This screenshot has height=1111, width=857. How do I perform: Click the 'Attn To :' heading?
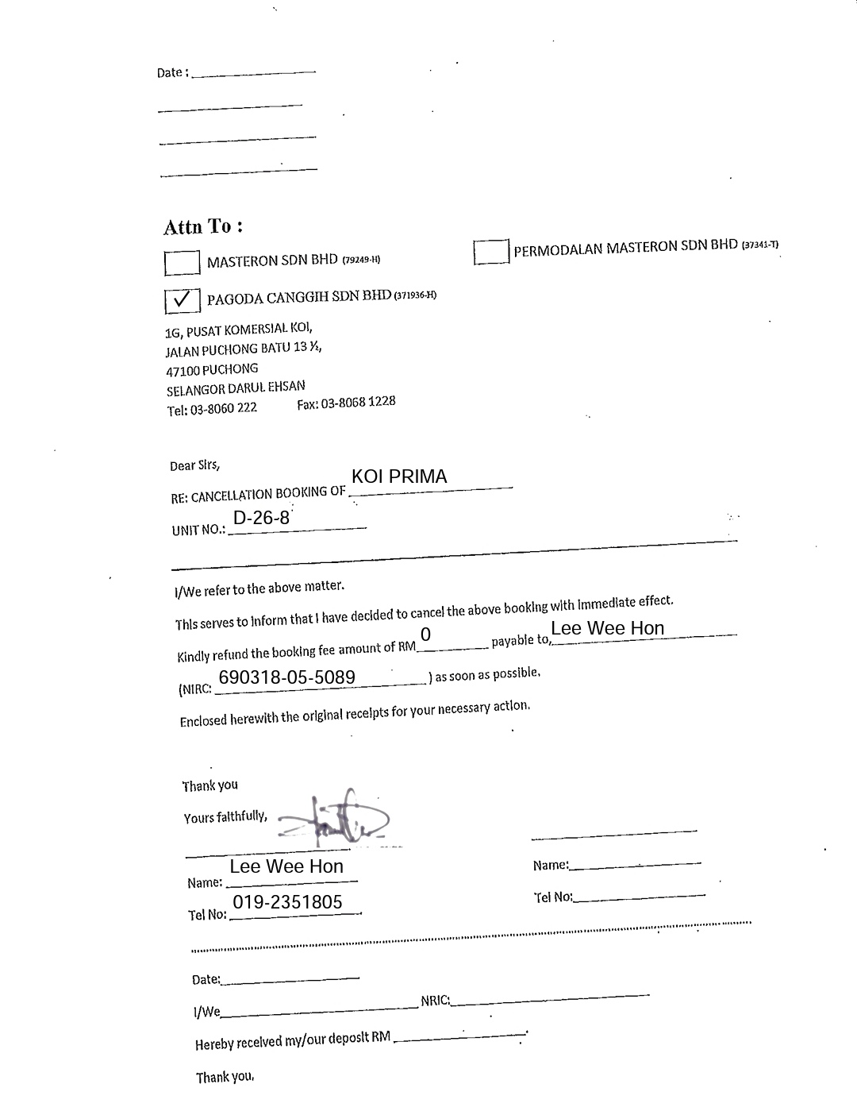202,227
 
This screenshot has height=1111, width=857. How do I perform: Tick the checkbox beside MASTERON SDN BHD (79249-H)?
182,263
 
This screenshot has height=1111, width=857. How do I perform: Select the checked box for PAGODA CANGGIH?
182,300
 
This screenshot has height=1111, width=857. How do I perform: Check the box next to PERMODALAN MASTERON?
491,252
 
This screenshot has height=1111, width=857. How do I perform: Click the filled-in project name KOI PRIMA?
399,476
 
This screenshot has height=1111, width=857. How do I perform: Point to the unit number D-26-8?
261,519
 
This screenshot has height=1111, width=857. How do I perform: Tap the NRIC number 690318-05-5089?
286,677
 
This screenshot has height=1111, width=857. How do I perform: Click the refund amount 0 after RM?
426,635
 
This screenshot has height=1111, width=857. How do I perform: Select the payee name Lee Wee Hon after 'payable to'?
607,628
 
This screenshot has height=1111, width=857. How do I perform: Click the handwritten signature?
333,818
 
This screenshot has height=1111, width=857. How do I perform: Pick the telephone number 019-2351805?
287,902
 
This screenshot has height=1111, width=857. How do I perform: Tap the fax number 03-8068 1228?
346,403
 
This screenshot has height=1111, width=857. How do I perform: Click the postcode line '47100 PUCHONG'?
212,369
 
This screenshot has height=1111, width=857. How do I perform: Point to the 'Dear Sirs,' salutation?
194,465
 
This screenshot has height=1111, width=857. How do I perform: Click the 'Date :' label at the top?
172,72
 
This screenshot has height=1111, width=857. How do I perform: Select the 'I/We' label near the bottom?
206,1012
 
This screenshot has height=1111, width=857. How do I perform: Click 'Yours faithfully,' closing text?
225,817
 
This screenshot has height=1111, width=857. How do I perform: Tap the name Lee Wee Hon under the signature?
286,866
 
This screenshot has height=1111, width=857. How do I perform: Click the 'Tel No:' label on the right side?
552,897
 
